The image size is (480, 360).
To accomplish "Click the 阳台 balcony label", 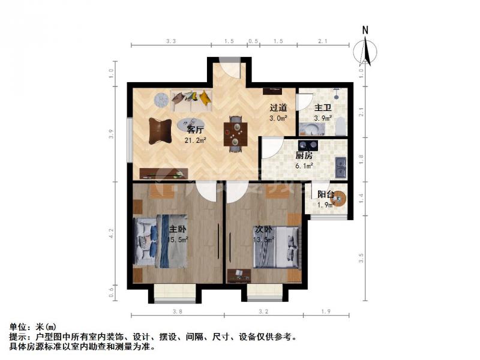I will [x=326, y=194].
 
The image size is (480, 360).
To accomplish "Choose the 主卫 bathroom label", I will [x=323, y=108].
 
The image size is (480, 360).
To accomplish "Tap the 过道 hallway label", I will [x=278, y=108].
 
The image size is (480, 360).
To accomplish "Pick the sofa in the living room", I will [x=191, y=99].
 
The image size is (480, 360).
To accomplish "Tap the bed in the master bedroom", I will [x=160, y=241].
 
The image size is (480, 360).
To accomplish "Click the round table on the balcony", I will [x=340, y=197].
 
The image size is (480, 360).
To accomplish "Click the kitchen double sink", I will [x=341, y=167].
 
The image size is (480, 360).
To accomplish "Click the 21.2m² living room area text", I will [x=196, y=140].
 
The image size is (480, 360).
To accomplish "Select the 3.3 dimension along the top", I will [x=170, y=41].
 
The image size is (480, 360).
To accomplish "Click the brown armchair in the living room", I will [x=160, y=128].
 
